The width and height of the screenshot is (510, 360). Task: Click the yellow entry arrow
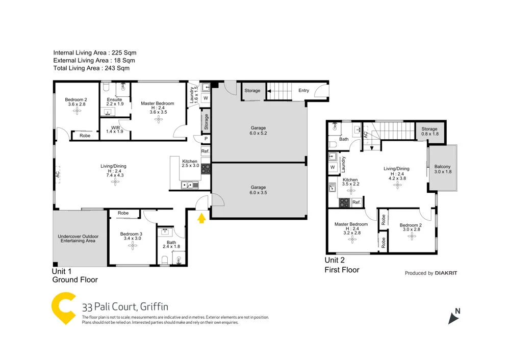click(202, 218)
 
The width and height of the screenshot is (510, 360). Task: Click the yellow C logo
click(64, 309)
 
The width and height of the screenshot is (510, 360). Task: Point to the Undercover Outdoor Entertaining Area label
click(78, 239)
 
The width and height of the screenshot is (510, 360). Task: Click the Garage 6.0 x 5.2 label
click(258, 131)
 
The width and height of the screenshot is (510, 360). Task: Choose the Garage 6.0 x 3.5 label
click(258, 190)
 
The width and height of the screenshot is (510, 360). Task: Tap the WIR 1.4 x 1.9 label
click(115, 128)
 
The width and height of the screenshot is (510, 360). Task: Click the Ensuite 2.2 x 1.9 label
click(114, 101)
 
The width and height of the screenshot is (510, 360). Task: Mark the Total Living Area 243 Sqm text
click(91, 68)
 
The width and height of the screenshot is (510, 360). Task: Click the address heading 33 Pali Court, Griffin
click(125, 307)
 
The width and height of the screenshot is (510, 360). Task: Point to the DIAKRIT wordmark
click(446, 273)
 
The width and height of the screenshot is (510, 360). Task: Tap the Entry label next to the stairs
click(303, 91)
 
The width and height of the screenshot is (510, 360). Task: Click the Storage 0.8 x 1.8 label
click(429, 132)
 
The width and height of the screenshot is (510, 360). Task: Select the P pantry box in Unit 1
click(206, 138)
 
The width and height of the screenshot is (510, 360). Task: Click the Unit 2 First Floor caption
click(342, 265)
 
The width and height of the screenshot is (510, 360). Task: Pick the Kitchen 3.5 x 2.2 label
click(350, 183)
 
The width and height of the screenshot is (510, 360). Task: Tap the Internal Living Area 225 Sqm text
click(95, 53)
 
